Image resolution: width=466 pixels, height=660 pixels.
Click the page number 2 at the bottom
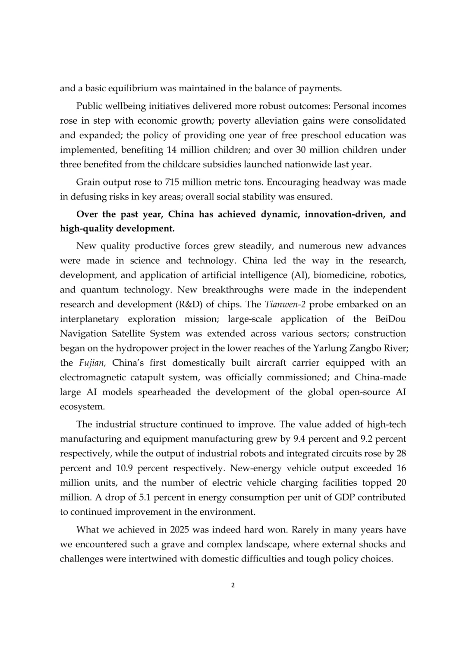point(233,586)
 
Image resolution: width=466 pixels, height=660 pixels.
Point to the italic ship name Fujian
point(92,363)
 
